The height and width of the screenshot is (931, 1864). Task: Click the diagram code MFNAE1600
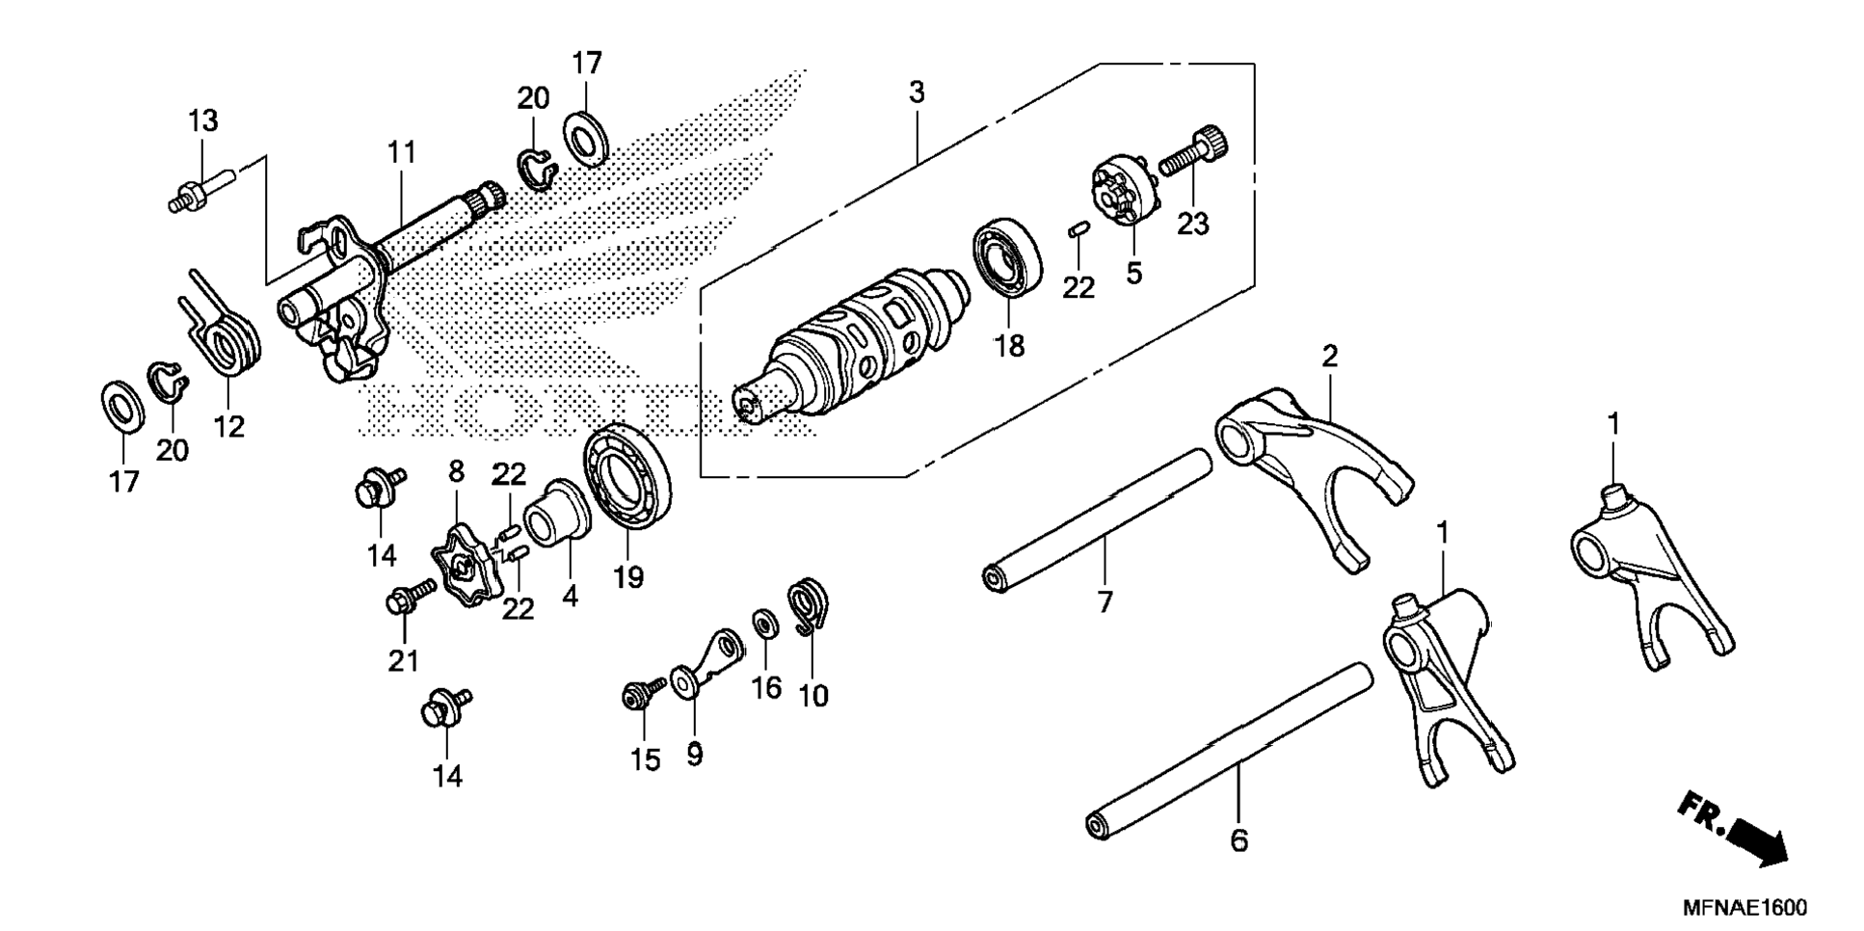[x=1744, y=908]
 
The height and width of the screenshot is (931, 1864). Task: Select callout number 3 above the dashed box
[x=917, y=93]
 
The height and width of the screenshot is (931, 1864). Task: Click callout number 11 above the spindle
[x=402, y=152]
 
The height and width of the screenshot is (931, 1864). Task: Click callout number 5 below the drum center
[x=1133, y=273]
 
